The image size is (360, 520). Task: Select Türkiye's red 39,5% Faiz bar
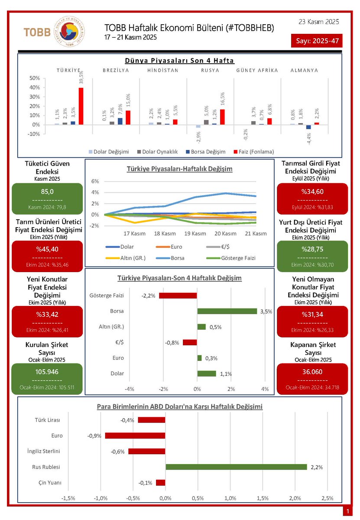81,106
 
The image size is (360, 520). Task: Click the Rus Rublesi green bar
236,467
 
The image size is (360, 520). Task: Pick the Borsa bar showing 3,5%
227,311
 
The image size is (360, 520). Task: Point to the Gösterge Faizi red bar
178,296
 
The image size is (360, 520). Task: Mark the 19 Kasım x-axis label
195,234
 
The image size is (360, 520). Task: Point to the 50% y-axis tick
34,78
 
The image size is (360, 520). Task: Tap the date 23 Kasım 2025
319,21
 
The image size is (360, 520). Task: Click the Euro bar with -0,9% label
135,435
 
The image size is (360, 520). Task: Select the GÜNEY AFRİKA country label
257,70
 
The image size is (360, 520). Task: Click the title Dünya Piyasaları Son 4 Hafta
179,60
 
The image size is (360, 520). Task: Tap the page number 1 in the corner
347,512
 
